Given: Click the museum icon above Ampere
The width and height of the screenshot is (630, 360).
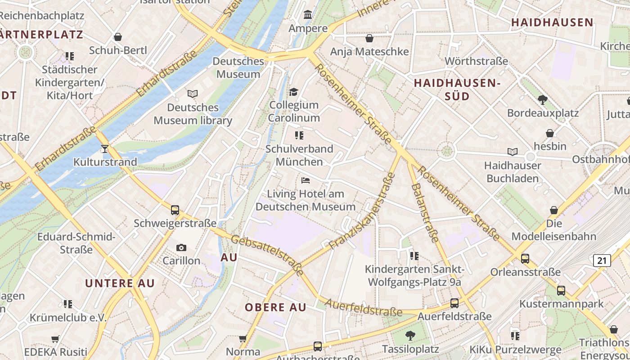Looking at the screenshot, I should point(308,15).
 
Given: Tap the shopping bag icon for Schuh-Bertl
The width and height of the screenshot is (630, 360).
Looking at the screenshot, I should point(118,37).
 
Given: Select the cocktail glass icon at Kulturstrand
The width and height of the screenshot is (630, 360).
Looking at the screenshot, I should point(105,148).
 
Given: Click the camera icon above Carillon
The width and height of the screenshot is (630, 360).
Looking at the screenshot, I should point(181,247).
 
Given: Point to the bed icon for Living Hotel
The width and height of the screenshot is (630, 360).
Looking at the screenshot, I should point(306,180).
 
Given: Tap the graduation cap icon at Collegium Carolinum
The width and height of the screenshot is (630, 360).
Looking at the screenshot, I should point(294,92).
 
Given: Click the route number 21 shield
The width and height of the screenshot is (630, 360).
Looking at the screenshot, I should point(602,260).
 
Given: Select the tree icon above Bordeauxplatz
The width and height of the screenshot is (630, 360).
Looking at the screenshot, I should point(543,99).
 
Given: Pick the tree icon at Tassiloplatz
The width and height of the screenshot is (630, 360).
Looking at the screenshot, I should point(410,335).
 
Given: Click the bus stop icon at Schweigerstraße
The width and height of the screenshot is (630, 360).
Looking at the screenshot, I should point(175,210).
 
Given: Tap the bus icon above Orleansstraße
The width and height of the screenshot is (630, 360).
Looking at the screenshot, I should point(525,259).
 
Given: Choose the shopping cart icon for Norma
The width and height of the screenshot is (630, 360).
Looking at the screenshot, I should point(243,338).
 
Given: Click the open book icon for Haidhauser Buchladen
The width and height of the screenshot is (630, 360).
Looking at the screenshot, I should point(512,152).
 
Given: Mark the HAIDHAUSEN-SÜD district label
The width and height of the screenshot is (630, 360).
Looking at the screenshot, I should point(457,90).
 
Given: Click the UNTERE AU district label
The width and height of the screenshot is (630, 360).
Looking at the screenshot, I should point(120,283).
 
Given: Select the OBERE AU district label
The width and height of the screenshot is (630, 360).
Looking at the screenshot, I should point(275,308).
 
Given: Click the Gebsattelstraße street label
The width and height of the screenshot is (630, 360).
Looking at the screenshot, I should point(267,255).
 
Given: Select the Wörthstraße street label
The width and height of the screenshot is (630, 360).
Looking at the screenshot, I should point(476,61).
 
